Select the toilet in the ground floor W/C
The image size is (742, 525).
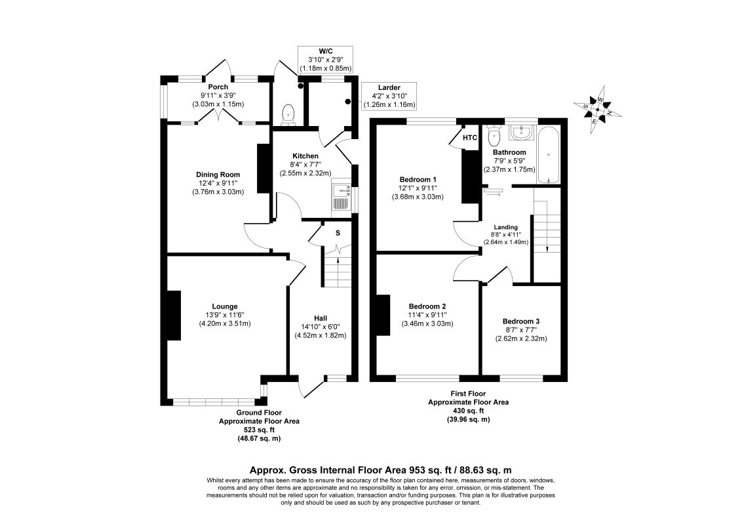tap(288, 116)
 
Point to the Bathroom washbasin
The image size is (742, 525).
tap(522, 134)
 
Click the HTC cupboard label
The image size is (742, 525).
tap(469, 138)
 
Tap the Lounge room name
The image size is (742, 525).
tap(225, 306)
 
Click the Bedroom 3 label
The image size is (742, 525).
tap(521, 321)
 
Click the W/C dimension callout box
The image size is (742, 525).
tap(326, 59)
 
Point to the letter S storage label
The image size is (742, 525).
tap(338, 233)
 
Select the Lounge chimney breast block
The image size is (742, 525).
tap(174, 315)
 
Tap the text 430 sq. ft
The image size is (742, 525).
tap(468, 411)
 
